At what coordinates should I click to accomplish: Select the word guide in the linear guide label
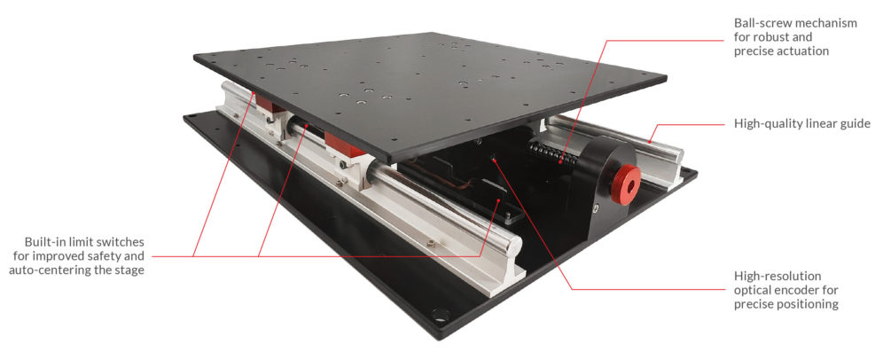coord(855,124)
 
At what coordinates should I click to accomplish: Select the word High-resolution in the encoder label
coord(778,276)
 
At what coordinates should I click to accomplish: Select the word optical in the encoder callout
coord(753,290)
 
